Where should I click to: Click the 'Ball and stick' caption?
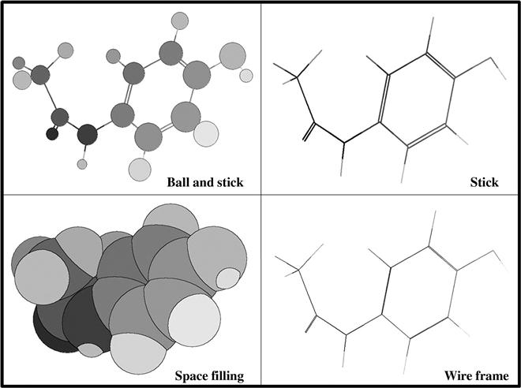tap(205, 182)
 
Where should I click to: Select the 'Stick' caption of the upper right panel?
tap(484, 182)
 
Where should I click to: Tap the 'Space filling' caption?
tap(209, 376)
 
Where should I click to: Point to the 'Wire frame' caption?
tap(477, 375)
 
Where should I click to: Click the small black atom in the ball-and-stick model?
tap(52, 134)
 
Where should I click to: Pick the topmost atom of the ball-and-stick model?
tap(180, 21)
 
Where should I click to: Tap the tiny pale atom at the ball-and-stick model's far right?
tap(246, 76)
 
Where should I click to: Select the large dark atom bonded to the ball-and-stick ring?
tap(88, 134)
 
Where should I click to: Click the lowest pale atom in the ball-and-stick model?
tap(140, 170)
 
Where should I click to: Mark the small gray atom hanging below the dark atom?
tap(82, 164)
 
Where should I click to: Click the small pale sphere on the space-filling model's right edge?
tap(228, 278)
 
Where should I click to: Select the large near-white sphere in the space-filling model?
tap(194, 320)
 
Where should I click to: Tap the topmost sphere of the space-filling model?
tap(171, 218)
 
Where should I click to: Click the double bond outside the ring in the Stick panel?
tap(309, 132)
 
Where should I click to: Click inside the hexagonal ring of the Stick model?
tap(417, 99)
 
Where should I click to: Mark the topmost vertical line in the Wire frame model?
tap(432, 229)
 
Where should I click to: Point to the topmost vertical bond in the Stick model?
tap(430, 35)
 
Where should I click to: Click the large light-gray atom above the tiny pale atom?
tap(233, 56)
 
